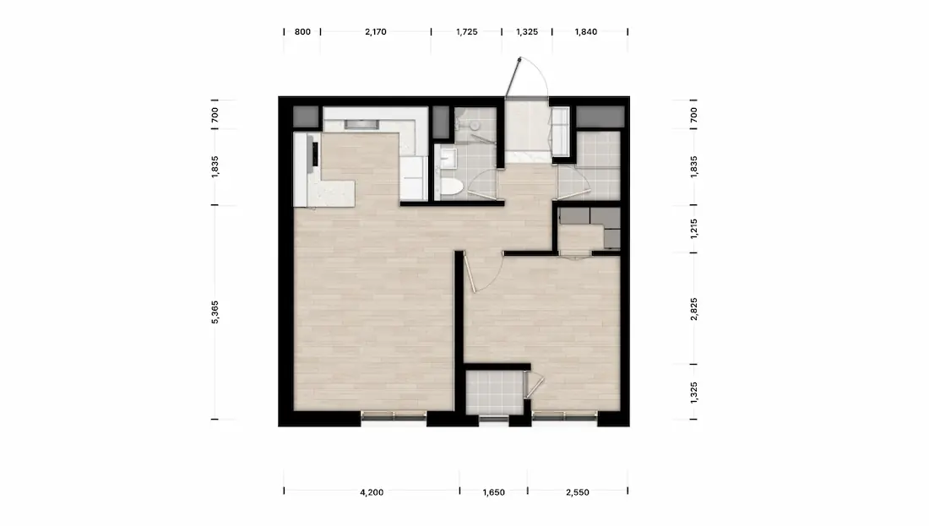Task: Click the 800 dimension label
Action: [x=302, y=32]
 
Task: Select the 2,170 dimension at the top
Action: [x=376, y=32]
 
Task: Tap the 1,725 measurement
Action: [x=467, y=32]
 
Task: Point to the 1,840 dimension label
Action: [x=586, y=32]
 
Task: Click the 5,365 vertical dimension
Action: [x=215, y=312]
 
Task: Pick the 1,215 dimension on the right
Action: [x=693, y=229]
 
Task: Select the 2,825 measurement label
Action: [x=693, y=309]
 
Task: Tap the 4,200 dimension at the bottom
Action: [x=372, y=492]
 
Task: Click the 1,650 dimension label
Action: [x=493, y=492]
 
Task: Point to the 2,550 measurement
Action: [x=578, y=492]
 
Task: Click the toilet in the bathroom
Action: [x=452, y=187]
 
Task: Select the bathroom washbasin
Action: [x=448, y=157]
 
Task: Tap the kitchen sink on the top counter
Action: [x=361, y=124]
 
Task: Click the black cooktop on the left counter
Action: [x=315, y=154]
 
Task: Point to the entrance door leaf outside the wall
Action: [x=513, y=77]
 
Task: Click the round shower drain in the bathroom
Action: [x=474, y=126]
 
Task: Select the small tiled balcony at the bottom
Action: [x=494, y=392]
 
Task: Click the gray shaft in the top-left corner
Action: [x=306, y=117]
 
